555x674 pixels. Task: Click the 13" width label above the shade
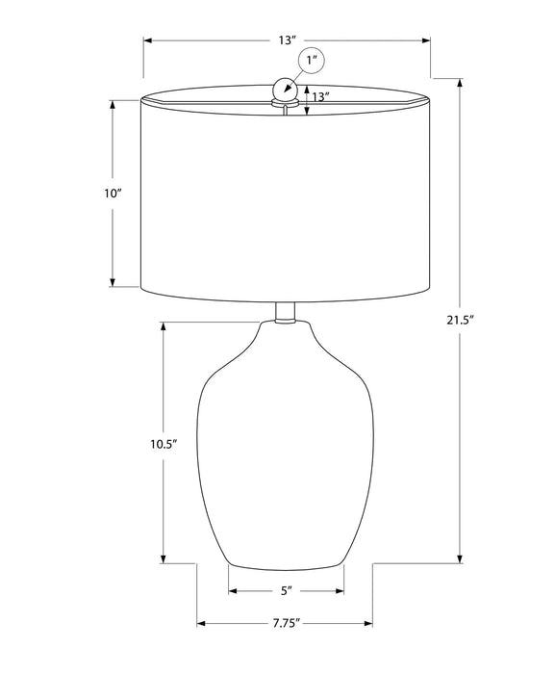[288, 40]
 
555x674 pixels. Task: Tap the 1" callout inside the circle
[312, 60]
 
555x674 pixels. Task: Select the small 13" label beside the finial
[320, 96]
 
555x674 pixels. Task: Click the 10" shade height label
[114, 194]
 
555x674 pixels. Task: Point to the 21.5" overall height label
[460, 320]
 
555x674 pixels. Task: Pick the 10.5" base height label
[164, 444]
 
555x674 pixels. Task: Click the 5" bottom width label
[286, 591]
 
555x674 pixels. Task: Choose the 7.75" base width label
[286, 623]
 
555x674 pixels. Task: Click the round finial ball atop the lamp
[284, 89]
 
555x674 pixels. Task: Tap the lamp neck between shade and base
[285, 313]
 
